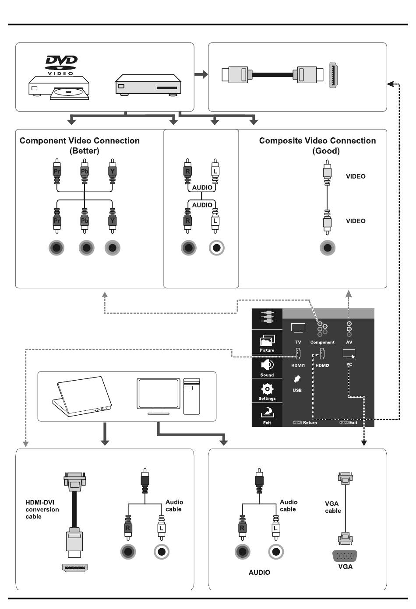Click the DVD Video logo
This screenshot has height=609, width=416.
click(x=61, y=65)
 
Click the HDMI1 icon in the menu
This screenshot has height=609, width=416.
click(x=298, y=353)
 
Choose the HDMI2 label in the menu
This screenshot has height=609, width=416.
click(x=322, y=365)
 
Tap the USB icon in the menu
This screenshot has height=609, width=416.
click(x=297, y=379)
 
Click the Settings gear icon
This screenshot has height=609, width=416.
click(x=267, y=388)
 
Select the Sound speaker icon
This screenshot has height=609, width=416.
click(x=267, y=364)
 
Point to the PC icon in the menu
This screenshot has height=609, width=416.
click(x=349, y=353)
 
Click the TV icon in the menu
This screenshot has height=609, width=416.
click(x=298, y=328)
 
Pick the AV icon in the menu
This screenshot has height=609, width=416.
click(x=349, y=329)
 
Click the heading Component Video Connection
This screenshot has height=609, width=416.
click(x=80, y=141)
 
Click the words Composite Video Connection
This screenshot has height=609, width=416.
click(x=317, y=141)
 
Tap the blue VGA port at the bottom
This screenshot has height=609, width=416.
click(x=345, y=556)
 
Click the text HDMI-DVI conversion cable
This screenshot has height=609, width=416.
click(x=42, y=509)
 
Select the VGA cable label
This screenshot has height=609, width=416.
click(x=333, y=507)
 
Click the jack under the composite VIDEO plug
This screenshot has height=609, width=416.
click(x=328, y=248)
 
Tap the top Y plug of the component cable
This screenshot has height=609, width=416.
click(x=113, y=171)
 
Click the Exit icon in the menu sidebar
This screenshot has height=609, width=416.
click(x=267, y=412)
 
